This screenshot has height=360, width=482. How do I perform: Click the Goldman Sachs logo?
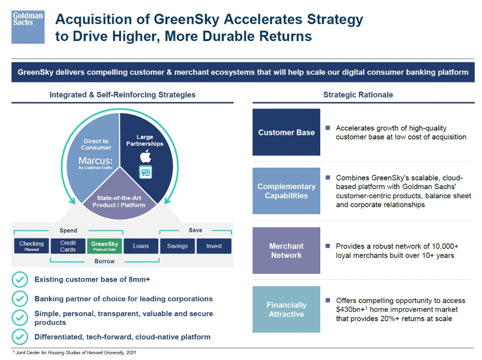(x=28, y=27)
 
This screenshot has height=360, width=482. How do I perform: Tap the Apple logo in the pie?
(x=145, y=156)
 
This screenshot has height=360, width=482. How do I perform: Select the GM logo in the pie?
(x=145, y=171)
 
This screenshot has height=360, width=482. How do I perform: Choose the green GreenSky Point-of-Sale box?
(x=105, y=246)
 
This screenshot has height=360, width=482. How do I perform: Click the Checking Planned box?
(x=31, y=246)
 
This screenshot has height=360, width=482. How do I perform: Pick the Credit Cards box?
(x=68, y=246)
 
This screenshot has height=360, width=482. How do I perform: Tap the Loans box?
(x=141, y=246)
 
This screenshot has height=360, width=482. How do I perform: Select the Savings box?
(x=177, y=246)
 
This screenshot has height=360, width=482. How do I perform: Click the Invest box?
(x=214, y=246)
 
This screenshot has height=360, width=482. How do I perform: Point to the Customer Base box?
(x=286, y=132)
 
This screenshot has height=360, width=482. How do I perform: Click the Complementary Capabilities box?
(x=286, y=191)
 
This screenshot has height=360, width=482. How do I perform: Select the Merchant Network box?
(x=286, y=251)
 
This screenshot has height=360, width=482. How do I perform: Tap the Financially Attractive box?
(x=286, y=309)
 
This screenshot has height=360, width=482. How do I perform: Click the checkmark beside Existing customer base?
(x=20, y=279)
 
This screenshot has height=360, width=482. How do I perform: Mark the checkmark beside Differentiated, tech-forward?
(x=20, y=337)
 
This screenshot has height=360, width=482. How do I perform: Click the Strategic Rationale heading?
(x=358, y=95)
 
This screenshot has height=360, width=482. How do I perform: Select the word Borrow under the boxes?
(x=104, y=261)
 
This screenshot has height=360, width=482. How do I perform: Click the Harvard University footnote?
(x=75, y=352)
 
